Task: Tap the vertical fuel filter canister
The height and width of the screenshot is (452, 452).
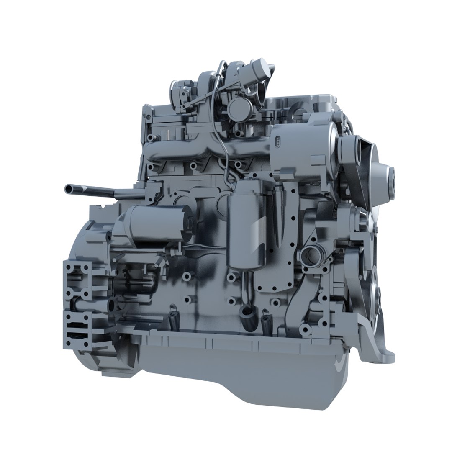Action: click(247, 230)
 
